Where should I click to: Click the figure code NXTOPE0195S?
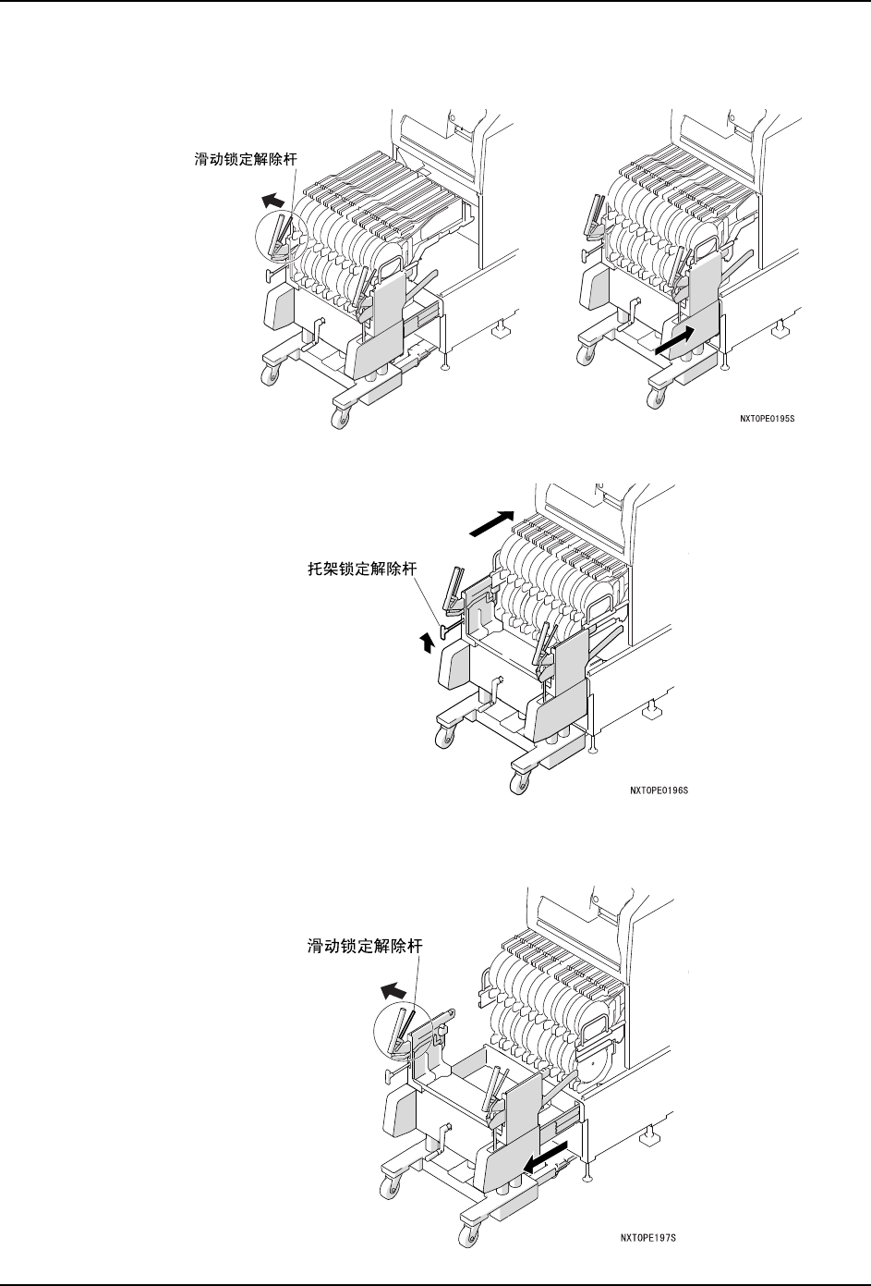click(x=767, y=418)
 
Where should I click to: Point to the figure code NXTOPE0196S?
click(x=659, y=791)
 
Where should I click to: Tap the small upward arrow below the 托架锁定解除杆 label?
click(x=427, y=643)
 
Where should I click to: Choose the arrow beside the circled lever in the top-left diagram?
click(x=271, y=198)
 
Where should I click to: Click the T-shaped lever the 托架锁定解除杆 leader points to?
click(x=447, y=631)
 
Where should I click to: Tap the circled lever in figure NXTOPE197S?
click(x=403, y=1035)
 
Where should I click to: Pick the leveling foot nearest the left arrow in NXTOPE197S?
click(x=588, y=1175)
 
